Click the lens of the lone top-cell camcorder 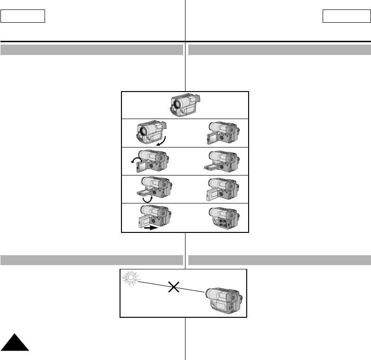[177, 103]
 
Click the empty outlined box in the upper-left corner [23, 17]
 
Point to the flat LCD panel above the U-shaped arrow [145, 191]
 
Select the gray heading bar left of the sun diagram [92, 259]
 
